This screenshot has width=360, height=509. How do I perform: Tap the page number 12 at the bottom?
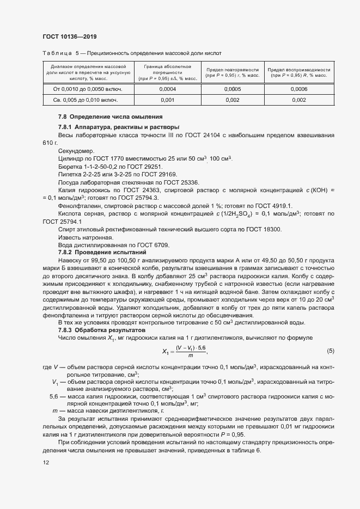45,462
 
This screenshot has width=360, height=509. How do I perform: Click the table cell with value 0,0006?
299,89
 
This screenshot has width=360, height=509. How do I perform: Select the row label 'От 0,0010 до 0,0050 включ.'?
87,89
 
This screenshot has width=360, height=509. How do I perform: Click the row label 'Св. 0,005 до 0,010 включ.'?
87,100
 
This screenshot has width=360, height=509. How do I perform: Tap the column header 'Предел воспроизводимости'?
299,70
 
